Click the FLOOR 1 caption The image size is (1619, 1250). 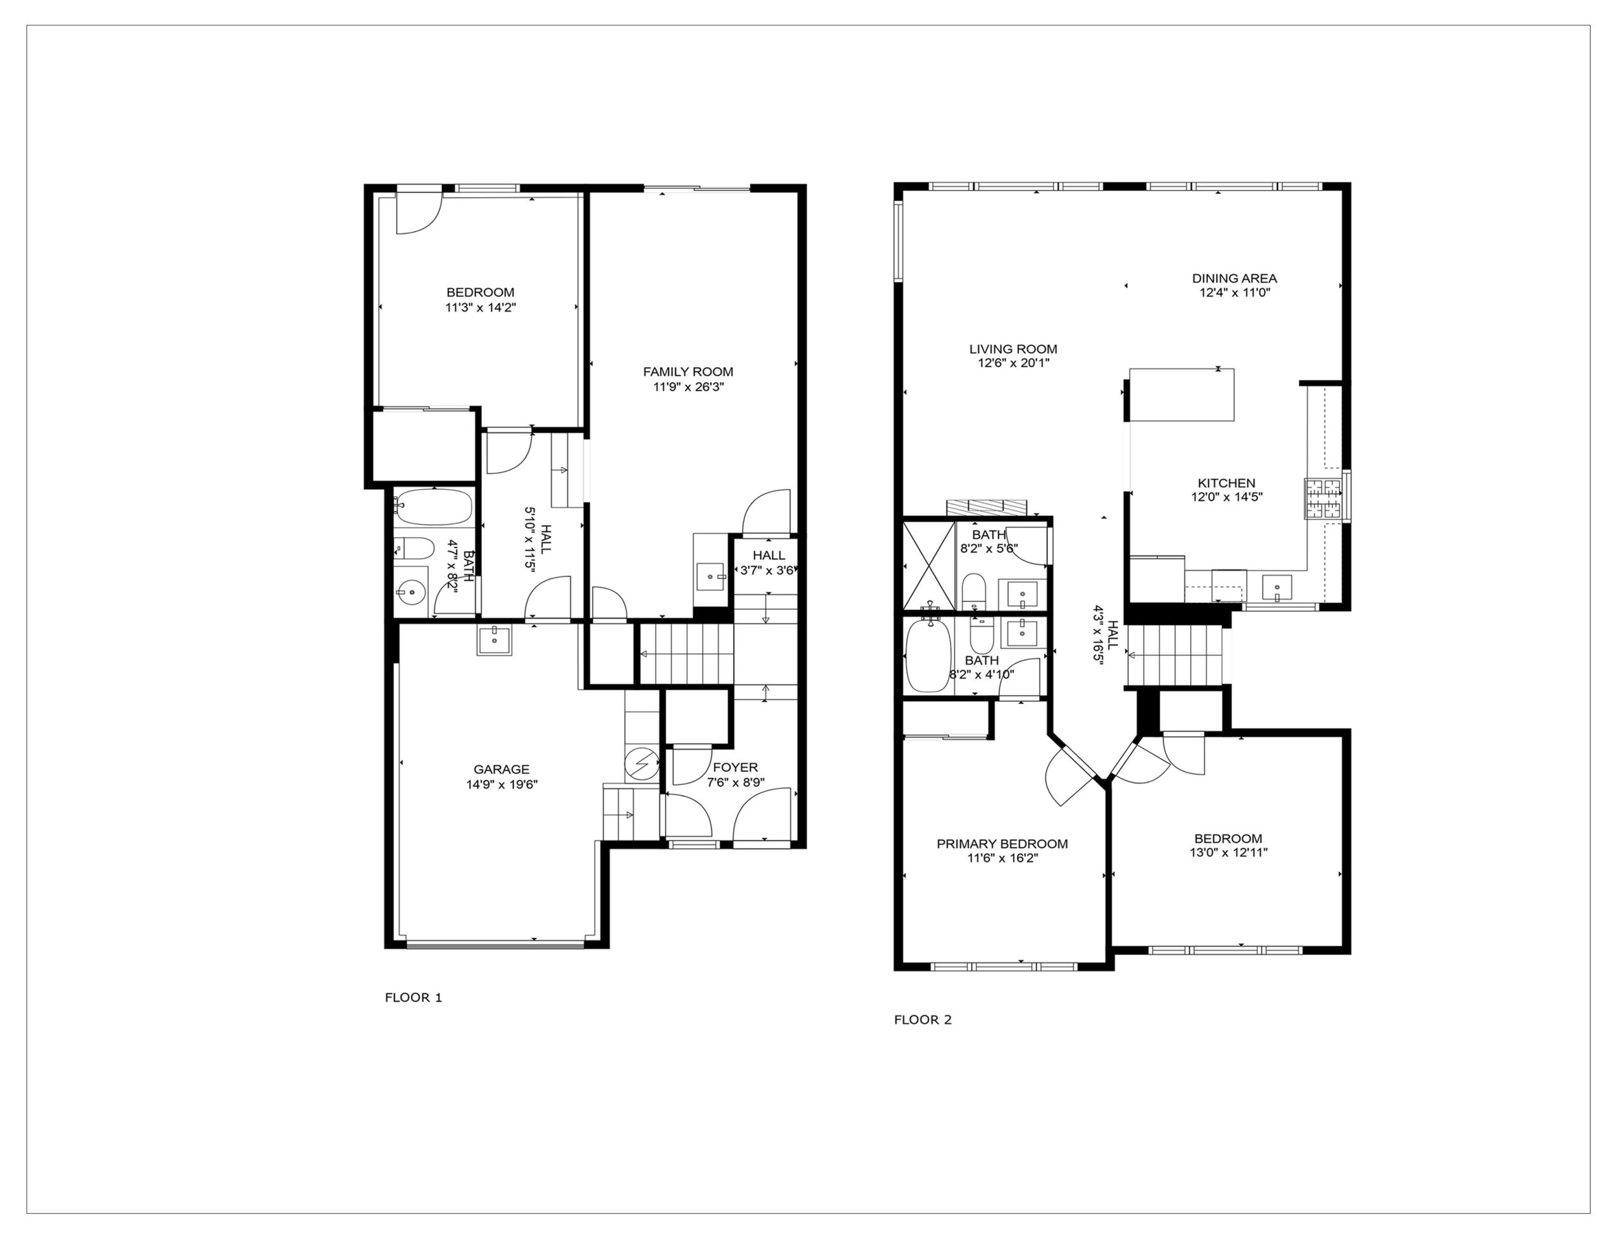pyautogui.click(x=413, y=997)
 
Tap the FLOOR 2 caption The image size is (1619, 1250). pyautogui.click(x=922, y=1019)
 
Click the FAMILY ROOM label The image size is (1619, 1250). pyautogui.click(x=688, y=372)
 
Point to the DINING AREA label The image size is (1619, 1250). pyautogui.click(x=1234, y=279)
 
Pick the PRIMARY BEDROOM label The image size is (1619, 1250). pyautogui.click(x=1002, y=844)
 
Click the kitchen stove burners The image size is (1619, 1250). pyautogui.click(x=1323, y=499)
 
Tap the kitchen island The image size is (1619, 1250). pyautogui.click(x=1181, y=395)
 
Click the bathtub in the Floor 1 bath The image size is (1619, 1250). pyautogui.click(x=432, y=507)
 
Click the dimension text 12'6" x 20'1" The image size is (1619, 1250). pyautogui.click(x=1013, y=363)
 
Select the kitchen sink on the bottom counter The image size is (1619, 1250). pyautogui.click(x=1276, y=587)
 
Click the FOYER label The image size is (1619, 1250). pyautogui.click(x=736, y=768)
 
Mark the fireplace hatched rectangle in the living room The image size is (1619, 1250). pyautogui.click(x=987, y=507)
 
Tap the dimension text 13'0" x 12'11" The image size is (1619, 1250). pyautogui.click(x=1228, y=853)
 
